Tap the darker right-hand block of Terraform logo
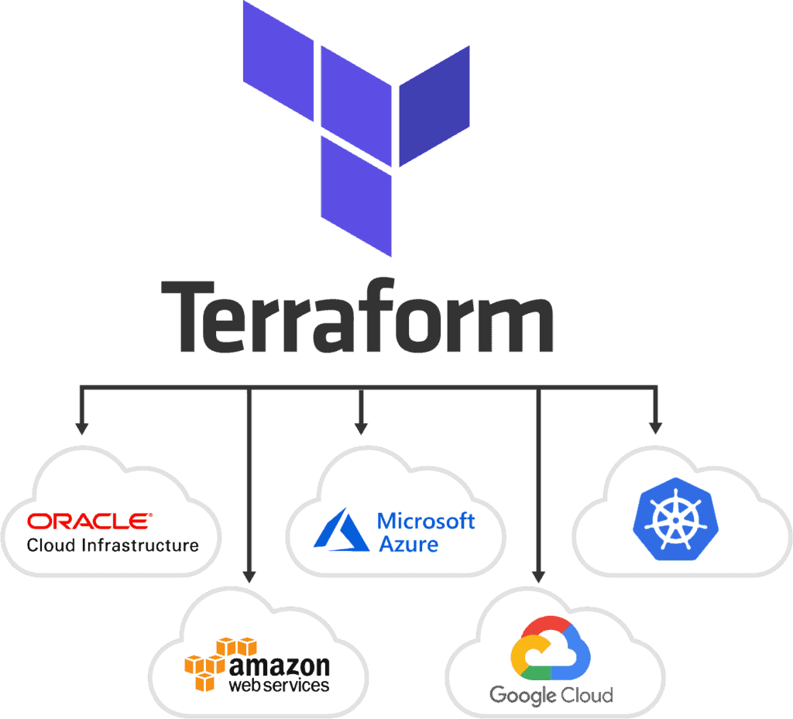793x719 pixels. click(x=434, y=105)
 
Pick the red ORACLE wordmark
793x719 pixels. click(x=90, y=521)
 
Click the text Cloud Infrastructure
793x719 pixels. click(x=112, y=545)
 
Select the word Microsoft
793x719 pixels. click(x=426, y=521)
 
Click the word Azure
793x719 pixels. click(x=408, y=544)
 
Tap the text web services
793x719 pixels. click(x=279, y=685)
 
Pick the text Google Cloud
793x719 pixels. click(x=551, y=695)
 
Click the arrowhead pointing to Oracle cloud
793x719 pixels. click(x=81, y=427)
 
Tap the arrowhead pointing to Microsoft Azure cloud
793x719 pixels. click(x=360, y=427)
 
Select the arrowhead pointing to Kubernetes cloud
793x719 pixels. click(x=655, y=427)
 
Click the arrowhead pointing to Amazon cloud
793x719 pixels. click(x=249, y=576)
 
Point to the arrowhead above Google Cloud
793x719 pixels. click(x=539, y=576)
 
